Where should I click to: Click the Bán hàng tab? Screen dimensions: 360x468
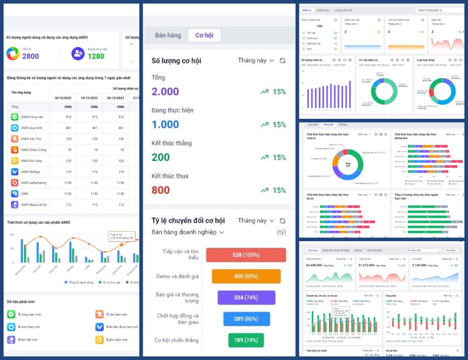(x=168, y=35)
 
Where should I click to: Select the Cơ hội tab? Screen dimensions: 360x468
(x=204, y=35)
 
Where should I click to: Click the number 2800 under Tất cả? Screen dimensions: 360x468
(x=31, y=56)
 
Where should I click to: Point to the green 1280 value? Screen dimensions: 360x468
(x=96, y=56)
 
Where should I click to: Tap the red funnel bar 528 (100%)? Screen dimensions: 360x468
(x=246, y=255)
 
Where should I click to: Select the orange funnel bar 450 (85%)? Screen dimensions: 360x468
(x=246, y=276)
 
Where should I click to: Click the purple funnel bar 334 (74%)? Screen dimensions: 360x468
(x=246, y=297)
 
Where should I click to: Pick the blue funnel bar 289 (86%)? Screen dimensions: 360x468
(x=246, y=319)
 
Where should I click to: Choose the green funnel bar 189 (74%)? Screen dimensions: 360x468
(x=246, y=340)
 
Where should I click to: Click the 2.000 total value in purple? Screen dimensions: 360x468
(x=165, y=91)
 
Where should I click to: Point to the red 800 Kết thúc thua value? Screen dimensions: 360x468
(x=160, y=190)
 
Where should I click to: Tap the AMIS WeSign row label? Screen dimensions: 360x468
(x=30, y=172)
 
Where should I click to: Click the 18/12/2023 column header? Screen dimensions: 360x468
(x=63, y=98)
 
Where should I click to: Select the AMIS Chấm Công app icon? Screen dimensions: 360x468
(x=15, y=150)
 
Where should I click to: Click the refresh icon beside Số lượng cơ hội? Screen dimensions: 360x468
(x=282, y=61)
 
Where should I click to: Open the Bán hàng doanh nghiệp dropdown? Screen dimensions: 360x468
(x=188, y=232)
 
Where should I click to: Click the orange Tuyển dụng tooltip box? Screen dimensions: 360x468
(x=122, y=236)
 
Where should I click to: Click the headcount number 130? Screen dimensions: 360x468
(x=319, y=26)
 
